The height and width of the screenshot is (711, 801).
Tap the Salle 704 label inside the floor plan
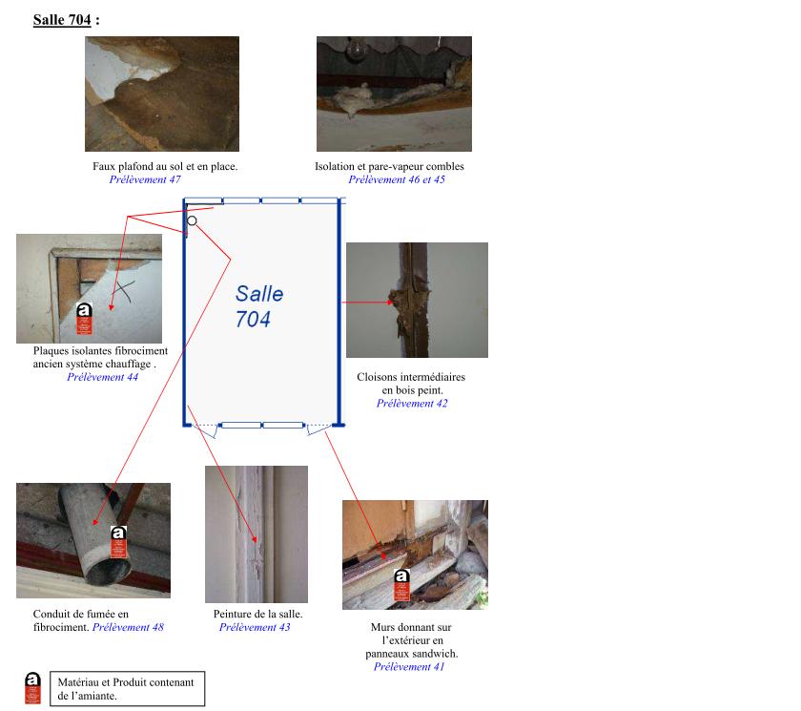[x=258, y=306]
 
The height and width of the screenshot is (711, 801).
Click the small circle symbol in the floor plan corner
[x=192, y=220]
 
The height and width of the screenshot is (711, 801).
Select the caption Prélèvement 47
[x=145, y=179]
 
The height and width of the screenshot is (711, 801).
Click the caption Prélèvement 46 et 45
[x=396, y=179]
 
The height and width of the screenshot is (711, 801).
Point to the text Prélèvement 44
[x=102, y=377]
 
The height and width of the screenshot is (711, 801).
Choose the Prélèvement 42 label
[x=412, y=403]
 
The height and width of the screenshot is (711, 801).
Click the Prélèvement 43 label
[x=255, y=627]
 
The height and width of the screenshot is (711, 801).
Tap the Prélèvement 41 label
[x=409, y=666]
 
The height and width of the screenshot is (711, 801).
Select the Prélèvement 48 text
[x=128, y=627]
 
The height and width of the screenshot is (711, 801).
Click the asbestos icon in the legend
[x=32, y=688]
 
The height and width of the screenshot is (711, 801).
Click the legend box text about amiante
[x=126, y=689]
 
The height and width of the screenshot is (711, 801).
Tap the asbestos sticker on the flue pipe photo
[x=118, y=542]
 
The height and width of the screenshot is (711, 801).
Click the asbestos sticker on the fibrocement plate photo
[x=84, y=320]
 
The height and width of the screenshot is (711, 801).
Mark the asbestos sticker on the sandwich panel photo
[x=401, y=586]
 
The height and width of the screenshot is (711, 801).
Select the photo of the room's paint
[x=256, y=533]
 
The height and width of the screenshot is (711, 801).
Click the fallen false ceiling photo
[x=161, y=94]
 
